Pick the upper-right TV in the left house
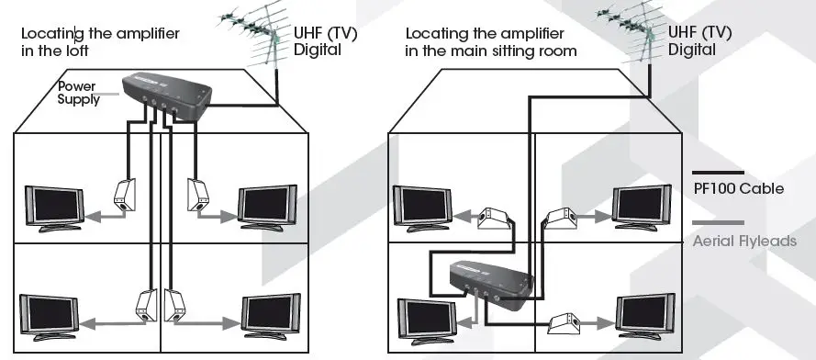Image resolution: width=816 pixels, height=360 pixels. [x=268, y=206]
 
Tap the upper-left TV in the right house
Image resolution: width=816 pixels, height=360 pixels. [x=423, y=207]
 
